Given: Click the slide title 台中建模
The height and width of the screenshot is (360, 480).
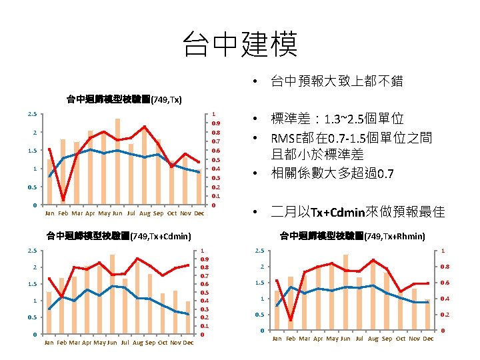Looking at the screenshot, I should [240, 45].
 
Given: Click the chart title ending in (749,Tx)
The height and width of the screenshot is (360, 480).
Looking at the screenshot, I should [123, 100].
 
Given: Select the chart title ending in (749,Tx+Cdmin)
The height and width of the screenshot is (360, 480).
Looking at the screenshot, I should [118, 235].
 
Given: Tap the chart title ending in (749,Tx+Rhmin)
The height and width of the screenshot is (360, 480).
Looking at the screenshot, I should [352, 235].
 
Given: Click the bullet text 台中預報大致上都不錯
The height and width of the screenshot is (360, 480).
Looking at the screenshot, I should [336, 82].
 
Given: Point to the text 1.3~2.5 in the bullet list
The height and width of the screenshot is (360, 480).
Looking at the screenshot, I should [347, 119].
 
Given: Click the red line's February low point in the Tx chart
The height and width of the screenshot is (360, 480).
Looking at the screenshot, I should [63, 199].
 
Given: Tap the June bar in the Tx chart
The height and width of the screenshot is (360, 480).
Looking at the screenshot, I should [117, 162].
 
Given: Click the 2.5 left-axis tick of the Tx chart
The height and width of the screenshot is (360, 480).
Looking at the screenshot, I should [32, 114].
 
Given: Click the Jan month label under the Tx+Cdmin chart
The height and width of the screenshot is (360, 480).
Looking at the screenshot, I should [49, 343].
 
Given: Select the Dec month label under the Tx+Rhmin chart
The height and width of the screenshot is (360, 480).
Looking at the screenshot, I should [428, 339].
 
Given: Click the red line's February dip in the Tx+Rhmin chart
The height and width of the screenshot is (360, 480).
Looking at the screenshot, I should [291, 320].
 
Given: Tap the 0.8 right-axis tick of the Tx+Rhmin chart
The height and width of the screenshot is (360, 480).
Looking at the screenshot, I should [445, 267].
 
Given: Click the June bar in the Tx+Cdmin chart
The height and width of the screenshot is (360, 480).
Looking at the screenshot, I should [113, 294].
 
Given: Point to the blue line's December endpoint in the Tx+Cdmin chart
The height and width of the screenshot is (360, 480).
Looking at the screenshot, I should [189, 314].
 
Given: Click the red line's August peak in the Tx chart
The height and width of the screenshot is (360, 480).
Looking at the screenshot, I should [144, 127].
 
